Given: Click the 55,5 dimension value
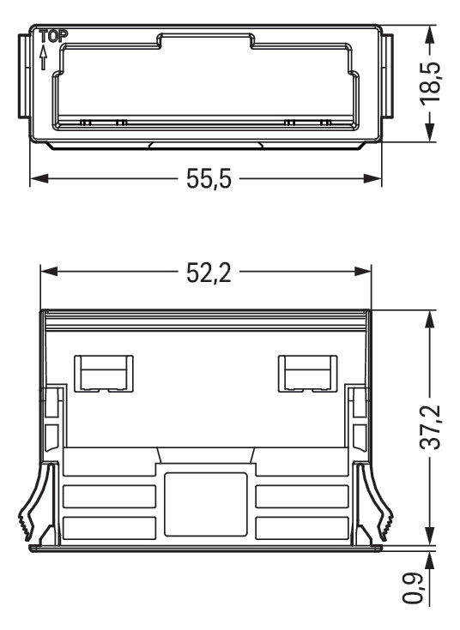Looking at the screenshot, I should (x=209, y=181).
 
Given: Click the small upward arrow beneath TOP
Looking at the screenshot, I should (x=43, y=57).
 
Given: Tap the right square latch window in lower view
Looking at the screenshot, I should (x=306, y=373).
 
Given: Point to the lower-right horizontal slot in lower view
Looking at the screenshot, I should (x=302, y=526).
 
